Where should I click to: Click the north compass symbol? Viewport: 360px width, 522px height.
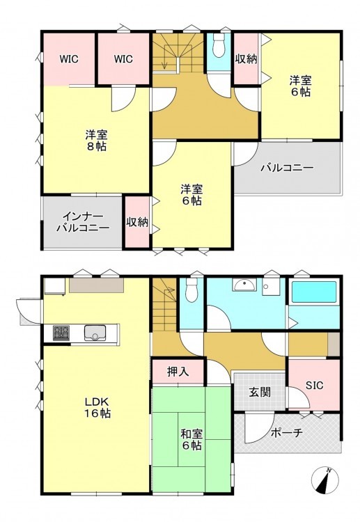click(324, 480)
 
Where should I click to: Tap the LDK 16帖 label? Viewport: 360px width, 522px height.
click(97, 407)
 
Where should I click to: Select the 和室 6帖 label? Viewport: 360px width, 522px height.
click(191, 439)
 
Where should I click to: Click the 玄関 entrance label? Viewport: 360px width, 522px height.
click(260, 392)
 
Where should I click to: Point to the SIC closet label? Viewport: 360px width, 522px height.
click(314, 385)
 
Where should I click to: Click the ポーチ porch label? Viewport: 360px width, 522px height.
click(287, 432)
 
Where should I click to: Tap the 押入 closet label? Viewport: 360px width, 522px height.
click(178, 371)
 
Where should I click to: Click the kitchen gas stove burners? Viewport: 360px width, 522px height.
click(61, 333)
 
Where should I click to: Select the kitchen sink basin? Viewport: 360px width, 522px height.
click(95, 333)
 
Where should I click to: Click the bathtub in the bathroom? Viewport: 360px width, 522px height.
click(314, 292)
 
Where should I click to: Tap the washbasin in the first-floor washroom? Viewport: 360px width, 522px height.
click(244, 285)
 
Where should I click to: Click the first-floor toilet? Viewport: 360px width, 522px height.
click(191, 290)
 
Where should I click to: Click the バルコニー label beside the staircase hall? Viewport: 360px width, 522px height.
click(287, 167)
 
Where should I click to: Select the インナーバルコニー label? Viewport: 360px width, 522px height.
click(83, 223)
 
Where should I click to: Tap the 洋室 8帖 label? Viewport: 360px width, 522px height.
click(96, 141)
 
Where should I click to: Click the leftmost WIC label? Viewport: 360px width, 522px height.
click(69, 59)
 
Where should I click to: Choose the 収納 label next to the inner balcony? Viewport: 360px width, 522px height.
click(137, 222)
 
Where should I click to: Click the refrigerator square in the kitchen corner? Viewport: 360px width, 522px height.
click(54, 287)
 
